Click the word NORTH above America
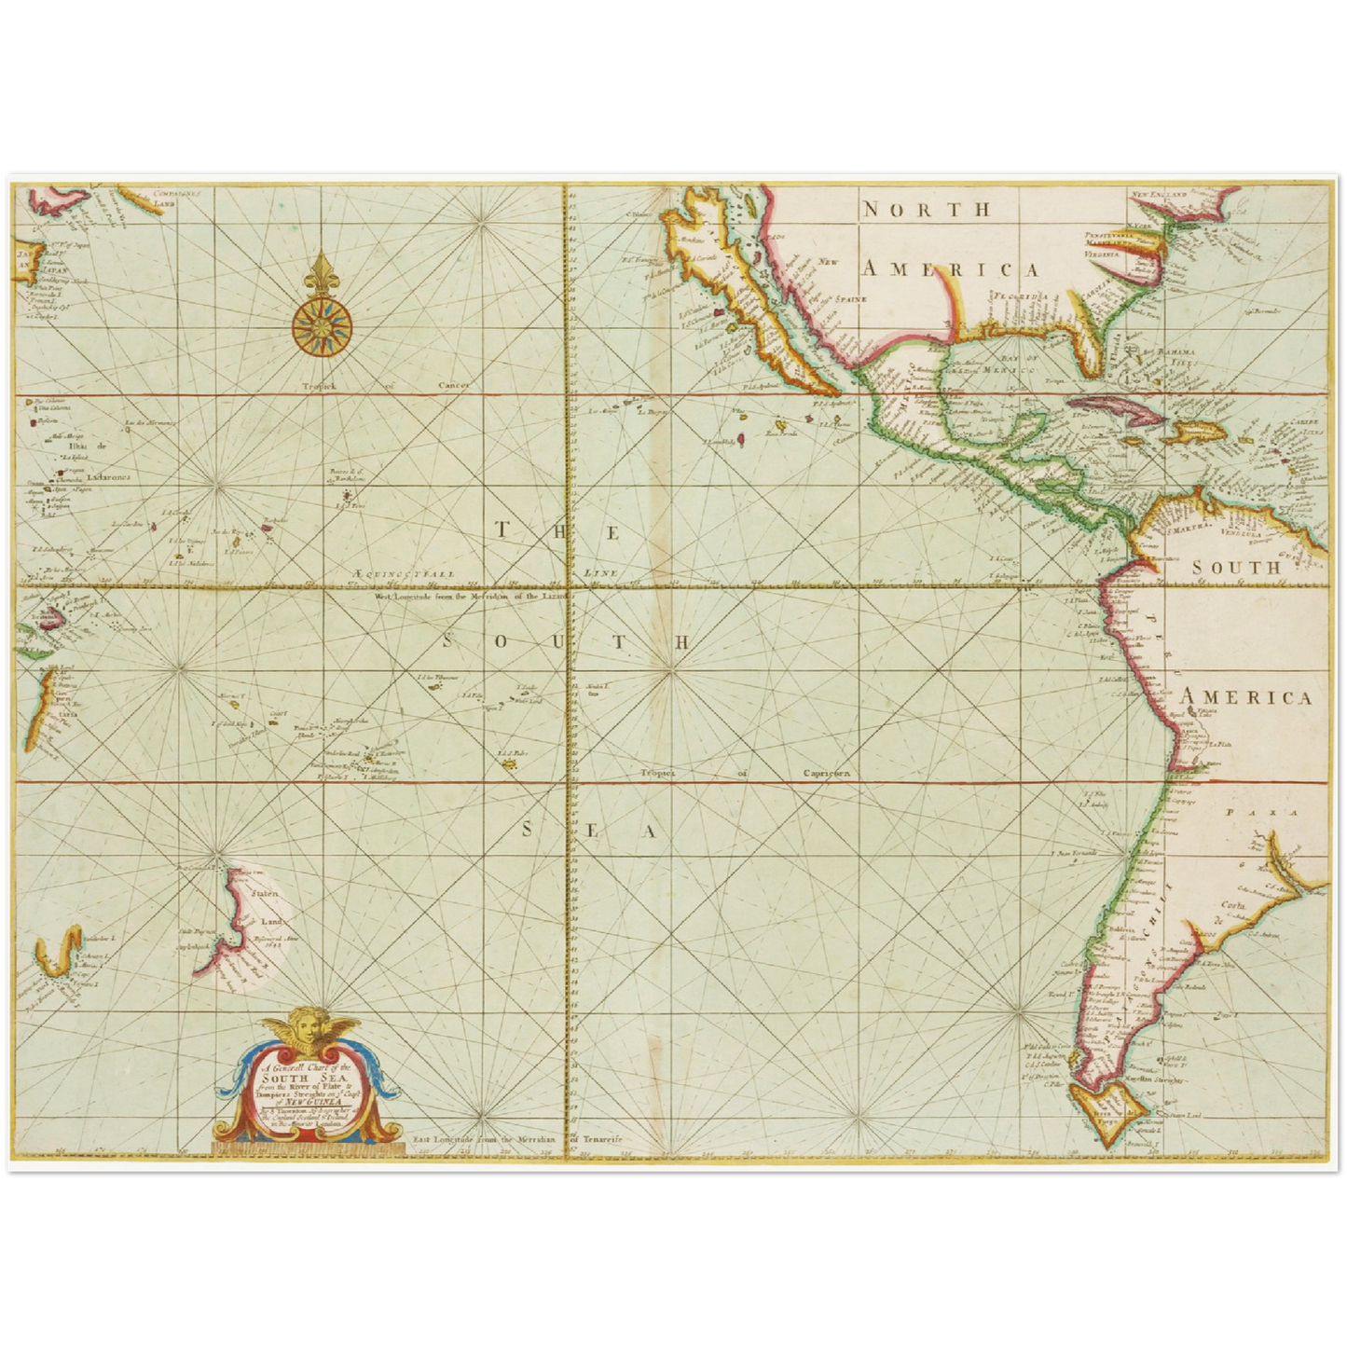927,210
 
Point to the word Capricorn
824,773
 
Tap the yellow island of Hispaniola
1190,432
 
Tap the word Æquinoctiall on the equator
405,574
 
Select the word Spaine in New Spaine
851,298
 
